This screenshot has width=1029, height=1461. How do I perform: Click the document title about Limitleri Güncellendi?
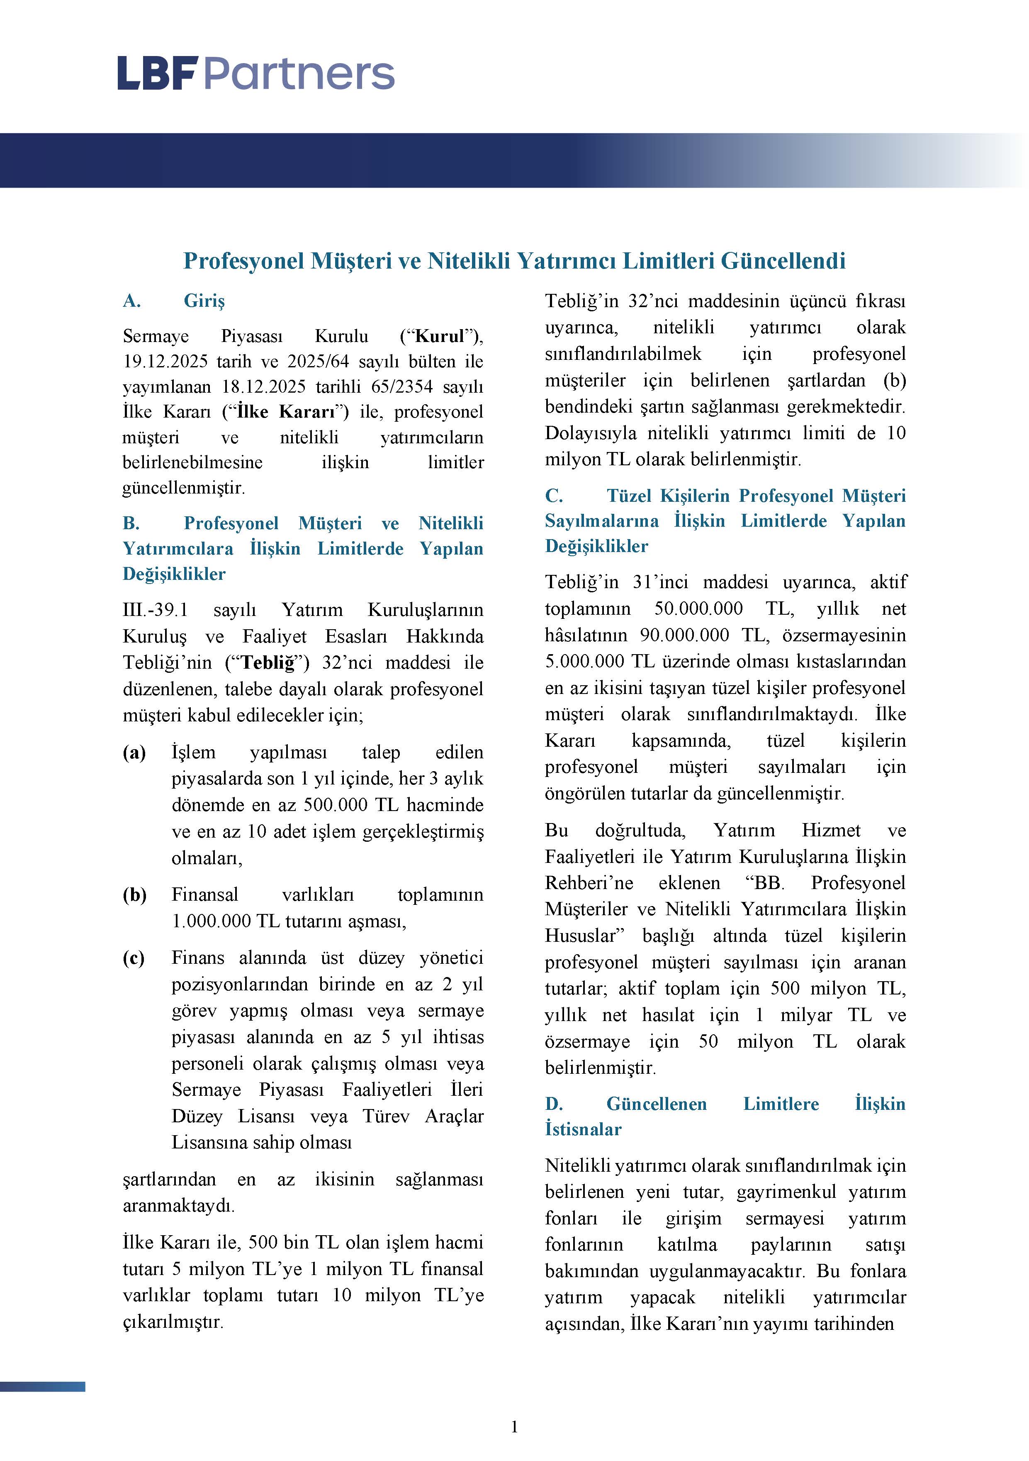coord(514,261)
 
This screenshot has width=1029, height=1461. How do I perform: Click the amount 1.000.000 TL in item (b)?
coord(225,921)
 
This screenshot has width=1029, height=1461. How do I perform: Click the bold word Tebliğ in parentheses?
coord(268,662)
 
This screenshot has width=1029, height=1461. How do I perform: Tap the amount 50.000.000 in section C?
coord(698,608)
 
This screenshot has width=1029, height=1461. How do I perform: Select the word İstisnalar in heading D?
coord(583,1129)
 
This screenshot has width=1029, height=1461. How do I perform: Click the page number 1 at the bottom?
coord(514,1427)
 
